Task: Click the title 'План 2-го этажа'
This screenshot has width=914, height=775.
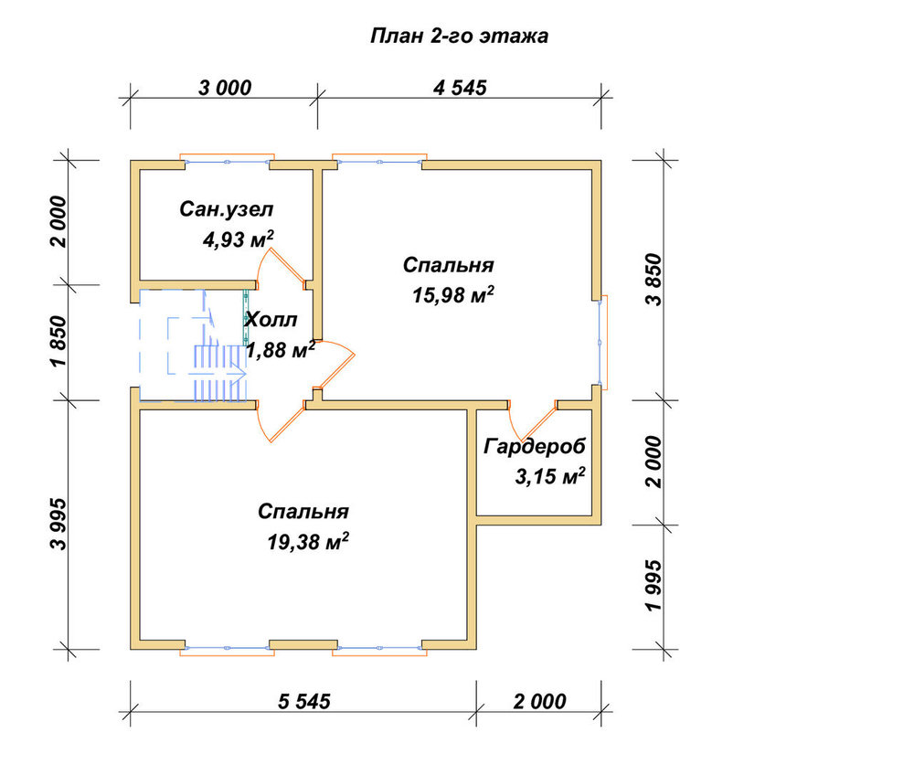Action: coord(460,37)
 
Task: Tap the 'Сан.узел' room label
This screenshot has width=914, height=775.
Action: coord(226,209)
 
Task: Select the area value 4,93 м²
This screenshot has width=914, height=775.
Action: coord(238,239)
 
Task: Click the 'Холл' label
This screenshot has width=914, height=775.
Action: coord(271,320)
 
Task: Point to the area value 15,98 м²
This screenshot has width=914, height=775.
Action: coord(453,294)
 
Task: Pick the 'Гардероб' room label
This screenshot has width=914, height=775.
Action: coord(535,447)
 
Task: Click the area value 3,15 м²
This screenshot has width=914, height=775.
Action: coord(549,476)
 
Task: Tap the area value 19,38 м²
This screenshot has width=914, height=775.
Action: coord(308,541)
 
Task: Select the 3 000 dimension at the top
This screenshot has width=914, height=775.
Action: coord(225,88)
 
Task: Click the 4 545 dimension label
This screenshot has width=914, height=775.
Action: coord(460,88)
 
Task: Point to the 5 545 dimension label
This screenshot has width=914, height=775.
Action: coord(303,701)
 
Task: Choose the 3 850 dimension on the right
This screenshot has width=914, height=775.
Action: coord(654,280)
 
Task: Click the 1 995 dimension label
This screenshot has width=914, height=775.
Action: coord(654,586)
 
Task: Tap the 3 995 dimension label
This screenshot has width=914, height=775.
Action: coord(58,524)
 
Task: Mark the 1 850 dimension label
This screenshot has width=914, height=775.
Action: coord(58,342)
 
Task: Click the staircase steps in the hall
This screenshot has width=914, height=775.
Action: coord(219,373)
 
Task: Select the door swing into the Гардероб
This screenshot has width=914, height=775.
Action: coord(532,420)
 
